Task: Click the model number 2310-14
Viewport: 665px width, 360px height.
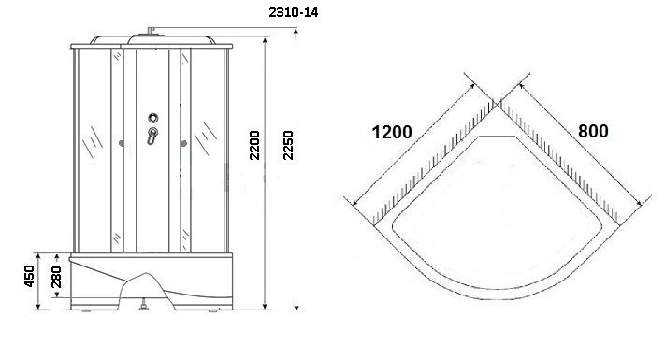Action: click(x=293, y=12)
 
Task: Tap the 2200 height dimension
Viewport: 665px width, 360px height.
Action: click(x=254, y=145)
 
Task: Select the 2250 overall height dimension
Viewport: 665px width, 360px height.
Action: click(x=288, y=145)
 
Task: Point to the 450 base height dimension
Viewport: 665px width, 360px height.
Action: click(x=29, y=276)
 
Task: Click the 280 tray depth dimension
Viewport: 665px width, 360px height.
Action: click(x=56, y=277)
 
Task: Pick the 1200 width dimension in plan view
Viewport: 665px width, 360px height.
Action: click(x=392, y=132)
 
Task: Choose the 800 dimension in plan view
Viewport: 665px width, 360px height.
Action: click(x=593, y=131)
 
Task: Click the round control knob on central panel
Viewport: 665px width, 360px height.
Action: click(x=153, y=118)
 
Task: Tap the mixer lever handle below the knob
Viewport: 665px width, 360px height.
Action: click(x=152, y=136)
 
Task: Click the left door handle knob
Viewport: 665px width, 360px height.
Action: click(x=122, y=144)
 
